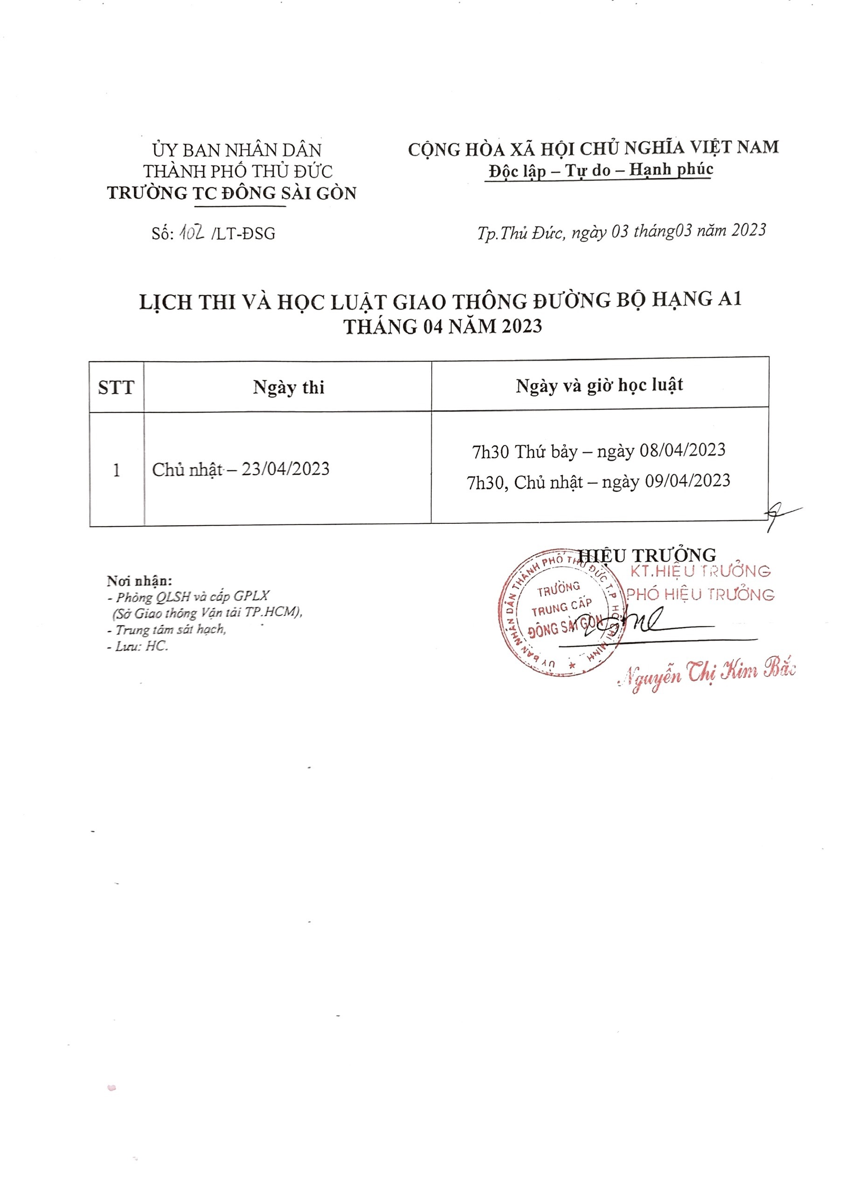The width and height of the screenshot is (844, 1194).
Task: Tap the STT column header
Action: (116, 388)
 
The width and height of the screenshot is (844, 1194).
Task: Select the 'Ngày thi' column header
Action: (289, 388)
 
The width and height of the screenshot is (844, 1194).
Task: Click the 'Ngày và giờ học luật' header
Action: (599, 385)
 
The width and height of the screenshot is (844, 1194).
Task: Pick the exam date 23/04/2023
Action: (285, 469)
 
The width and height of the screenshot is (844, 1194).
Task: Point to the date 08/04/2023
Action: (682, 450)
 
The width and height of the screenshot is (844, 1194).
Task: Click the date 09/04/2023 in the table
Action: (687, 480)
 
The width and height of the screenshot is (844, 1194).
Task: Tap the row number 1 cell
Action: (117, 470)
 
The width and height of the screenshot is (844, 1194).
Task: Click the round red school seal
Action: (560, 612)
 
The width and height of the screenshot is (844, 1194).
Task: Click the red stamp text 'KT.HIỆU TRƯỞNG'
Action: (700, 571)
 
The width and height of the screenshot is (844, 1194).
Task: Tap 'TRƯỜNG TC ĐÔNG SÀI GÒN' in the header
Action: (232, 194)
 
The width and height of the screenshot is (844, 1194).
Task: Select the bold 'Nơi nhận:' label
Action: (139, 580)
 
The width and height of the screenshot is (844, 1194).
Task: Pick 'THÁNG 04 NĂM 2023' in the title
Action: (443, 326)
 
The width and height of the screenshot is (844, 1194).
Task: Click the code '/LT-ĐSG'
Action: (243, 234)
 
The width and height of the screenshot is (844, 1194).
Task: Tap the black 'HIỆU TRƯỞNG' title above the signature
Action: (647, 555)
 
